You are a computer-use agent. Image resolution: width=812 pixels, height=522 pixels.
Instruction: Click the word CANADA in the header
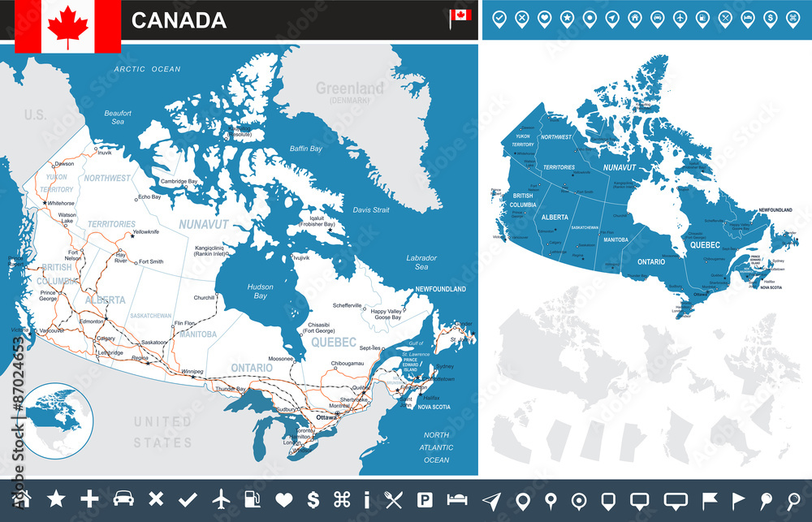(x=179, y=20)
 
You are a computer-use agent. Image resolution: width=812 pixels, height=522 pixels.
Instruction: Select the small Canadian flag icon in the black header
(x=460, y=17)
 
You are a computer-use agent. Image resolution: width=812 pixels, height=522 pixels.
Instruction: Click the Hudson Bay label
(x=260, y=291)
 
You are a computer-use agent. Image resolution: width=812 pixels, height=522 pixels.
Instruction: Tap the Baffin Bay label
(x=306, y=149)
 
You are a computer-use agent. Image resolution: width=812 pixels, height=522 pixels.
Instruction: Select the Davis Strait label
(x=371, y=209)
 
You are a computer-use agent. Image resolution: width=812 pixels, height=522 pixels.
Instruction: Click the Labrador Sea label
(x=421, y=262)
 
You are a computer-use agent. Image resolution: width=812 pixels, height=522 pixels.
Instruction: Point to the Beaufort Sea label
(x=118, y=117)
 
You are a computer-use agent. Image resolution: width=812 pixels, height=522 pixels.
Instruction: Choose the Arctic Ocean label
(x=147, y=69)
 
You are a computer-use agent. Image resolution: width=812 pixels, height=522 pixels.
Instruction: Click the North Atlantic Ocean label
(x=436, y=447)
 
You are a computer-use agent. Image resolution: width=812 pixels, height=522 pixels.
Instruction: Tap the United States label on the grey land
(x=163, y=432)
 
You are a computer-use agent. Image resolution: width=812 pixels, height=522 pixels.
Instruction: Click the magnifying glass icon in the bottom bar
(x=793, y=499)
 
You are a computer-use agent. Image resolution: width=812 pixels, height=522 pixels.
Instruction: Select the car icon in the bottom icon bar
(x=123, y=499)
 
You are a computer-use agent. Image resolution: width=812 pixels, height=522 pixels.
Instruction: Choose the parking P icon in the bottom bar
(x=425, y=499)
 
